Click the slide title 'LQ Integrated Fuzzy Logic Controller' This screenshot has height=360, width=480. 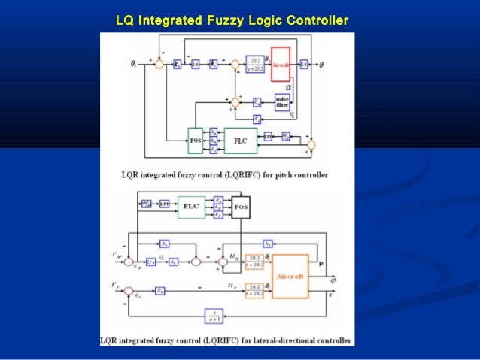tap(232, 20)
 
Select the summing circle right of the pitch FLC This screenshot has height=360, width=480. tap(312, 144)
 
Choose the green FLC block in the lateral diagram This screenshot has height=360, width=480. tap(192, 205)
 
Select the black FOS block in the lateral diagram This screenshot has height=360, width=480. tap(242, 205)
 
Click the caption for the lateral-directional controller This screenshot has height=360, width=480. tap(226, 340)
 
